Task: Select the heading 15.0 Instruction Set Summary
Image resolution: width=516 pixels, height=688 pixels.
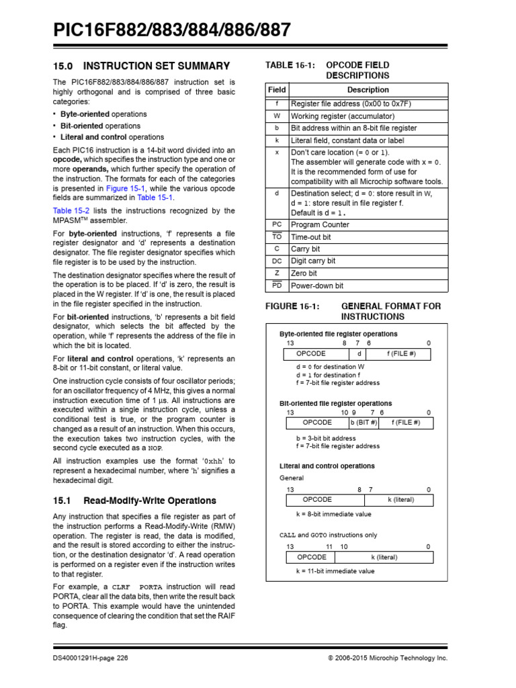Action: click(141, 66)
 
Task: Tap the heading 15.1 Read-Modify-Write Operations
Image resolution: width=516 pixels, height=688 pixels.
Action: click(134, 501)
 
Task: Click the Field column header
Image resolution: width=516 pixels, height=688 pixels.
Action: click(277, 89)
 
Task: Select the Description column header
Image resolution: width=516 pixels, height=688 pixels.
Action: click(368, 89)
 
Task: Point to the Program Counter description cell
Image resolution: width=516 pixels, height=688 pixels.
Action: click(320, 225)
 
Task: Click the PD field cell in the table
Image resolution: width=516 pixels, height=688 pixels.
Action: click(277, 286)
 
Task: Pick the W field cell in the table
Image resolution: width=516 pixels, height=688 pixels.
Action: click(277, 116)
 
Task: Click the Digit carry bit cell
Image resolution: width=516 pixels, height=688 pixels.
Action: click(313, 261)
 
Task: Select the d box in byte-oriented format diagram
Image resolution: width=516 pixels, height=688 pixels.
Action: click(359, 353)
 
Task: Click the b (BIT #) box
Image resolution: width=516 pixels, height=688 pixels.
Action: click(363, 423)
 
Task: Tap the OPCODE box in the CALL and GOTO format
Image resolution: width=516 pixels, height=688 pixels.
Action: click(311, 557)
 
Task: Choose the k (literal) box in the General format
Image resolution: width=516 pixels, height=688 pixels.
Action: click(400, 500)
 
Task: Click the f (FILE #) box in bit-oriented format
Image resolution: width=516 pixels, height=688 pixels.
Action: click(406, 423)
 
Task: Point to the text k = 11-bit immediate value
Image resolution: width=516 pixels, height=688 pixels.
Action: click(335, 571)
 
